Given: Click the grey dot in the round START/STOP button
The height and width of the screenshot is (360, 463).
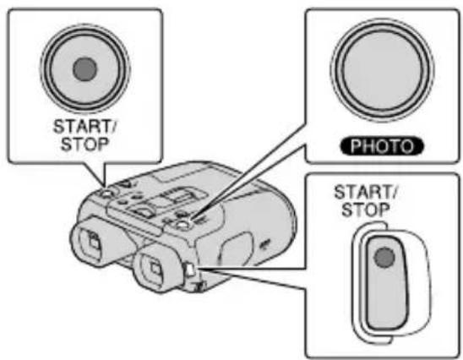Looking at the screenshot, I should [83, 71].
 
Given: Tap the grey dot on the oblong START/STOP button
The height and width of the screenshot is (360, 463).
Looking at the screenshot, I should [384, 256].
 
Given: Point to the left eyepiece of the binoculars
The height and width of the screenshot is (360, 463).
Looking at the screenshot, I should [90, 243].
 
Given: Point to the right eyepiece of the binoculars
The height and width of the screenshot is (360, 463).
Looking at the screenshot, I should [154, 269].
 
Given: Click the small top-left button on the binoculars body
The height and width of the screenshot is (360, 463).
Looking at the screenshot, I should [107, 193].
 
